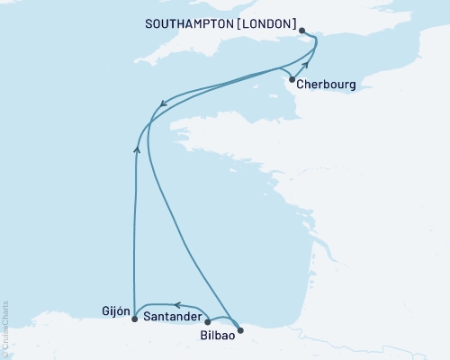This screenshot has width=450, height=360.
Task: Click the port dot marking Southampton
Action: coord(302,31)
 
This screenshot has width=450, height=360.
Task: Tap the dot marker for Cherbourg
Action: coord(292,79)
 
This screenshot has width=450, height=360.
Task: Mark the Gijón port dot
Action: coord(134,319)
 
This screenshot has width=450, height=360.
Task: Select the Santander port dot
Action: coord(208,320)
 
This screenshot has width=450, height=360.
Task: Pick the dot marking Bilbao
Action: coord(239,330)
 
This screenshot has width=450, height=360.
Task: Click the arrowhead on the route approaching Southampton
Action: coord(306,64)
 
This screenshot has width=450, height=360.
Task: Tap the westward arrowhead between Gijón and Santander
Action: coord(177,306)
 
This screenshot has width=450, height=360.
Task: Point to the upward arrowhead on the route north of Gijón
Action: coord(137,149)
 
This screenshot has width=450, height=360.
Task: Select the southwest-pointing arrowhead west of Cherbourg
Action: coord(162,107)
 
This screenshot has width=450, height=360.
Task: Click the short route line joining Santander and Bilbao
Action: coord(225,319)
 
